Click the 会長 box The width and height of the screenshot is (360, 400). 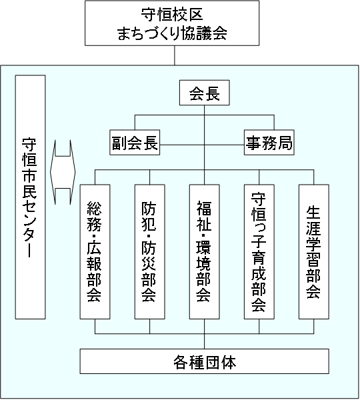(x=205, y=93)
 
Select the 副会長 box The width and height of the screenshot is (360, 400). (x=135, y=143)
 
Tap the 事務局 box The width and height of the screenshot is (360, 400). (x=269, y=143)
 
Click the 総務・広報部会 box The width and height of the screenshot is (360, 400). (x=95, y=252)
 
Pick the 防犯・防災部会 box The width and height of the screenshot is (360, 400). (x=150, y=252)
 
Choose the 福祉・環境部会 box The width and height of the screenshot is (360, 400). (x=205, y=252)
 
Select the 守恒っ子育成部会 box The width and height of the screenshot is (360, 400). (x=259, y=252)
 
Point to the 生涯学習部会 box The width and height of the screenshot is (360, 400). (x=314, y=252)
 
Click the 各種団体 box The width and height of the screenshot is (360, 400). (x=205, y=361)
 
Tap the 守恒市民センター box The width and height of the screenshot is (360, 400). (x=31, y=197)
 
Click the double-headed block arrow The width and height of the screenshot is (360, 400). (x=63, y=172)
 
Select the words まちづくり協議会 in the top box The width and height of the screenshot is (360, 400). (x=172, y=33)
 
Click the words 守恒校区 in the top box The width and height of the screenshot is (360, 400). (x=172, y=14)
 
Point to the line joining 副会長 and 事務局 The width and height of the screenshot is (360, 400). (x=202, y=145)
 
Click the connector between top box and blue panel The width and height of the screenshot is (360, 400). (x=175, y=55)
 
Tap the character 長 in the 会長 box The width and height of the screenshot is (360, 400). (x=213, y=93)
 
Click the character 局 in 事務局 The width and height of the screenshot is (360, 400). (x=285, y=143)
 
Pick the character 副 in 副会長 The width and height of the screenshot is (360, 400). (x=119, y=143)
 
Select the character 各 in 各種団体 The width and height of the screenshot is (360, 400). (x=181, y=362)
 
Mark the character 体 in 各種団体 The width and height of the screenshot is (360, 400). (x=229, y=362)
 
